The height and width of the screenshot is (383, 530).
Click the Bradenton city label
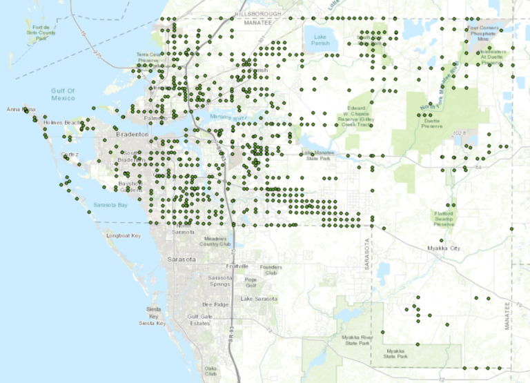[x=129, y=135]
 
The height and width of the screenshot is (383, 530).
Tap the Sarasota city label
[x=182, y=259]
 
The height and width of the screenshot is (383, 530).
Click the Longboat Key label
[x=123, y=236]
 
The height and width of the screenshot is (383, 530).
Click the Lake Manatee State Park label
[x=322, y=156]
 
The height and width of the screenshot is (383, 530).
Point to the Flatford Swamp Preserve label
[x=444, y=219]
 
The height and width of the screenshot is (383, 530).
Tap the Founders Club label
[x=267, y=270]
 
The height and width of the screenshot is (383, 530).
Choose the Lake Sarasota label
[x=256, y=299]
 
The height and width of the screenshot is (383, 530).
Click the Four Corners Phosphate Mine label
[x=483, y=33]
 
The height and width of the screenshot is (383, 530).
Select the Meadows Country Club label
[x=214, y=241]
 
